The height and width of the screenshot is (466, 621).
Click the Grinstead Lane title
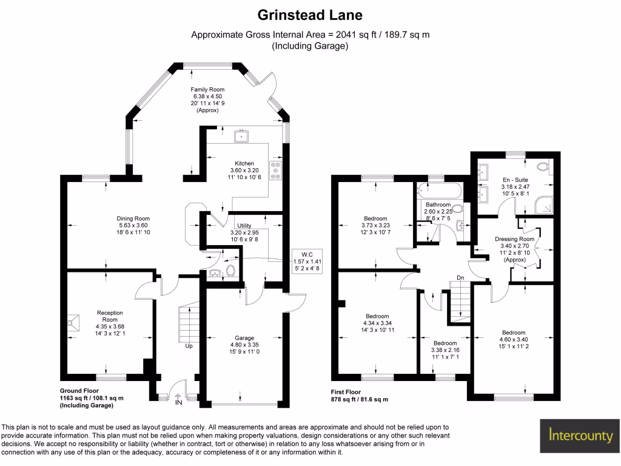pos(310,15)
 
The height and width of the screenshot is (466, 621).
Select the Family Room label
pos(208,90)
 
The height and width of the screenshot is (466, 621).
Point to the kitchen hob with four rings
pos(276,171)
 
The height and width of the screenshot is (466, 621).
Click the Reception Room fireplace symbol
pos(74,323)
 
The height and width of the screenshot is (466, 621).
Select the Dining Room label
pos(133,218)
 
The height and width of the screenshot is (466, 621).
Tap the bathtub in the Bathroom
pos(440,192)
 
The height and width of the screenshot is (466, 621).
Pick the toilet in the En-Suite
pos(543,166)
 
